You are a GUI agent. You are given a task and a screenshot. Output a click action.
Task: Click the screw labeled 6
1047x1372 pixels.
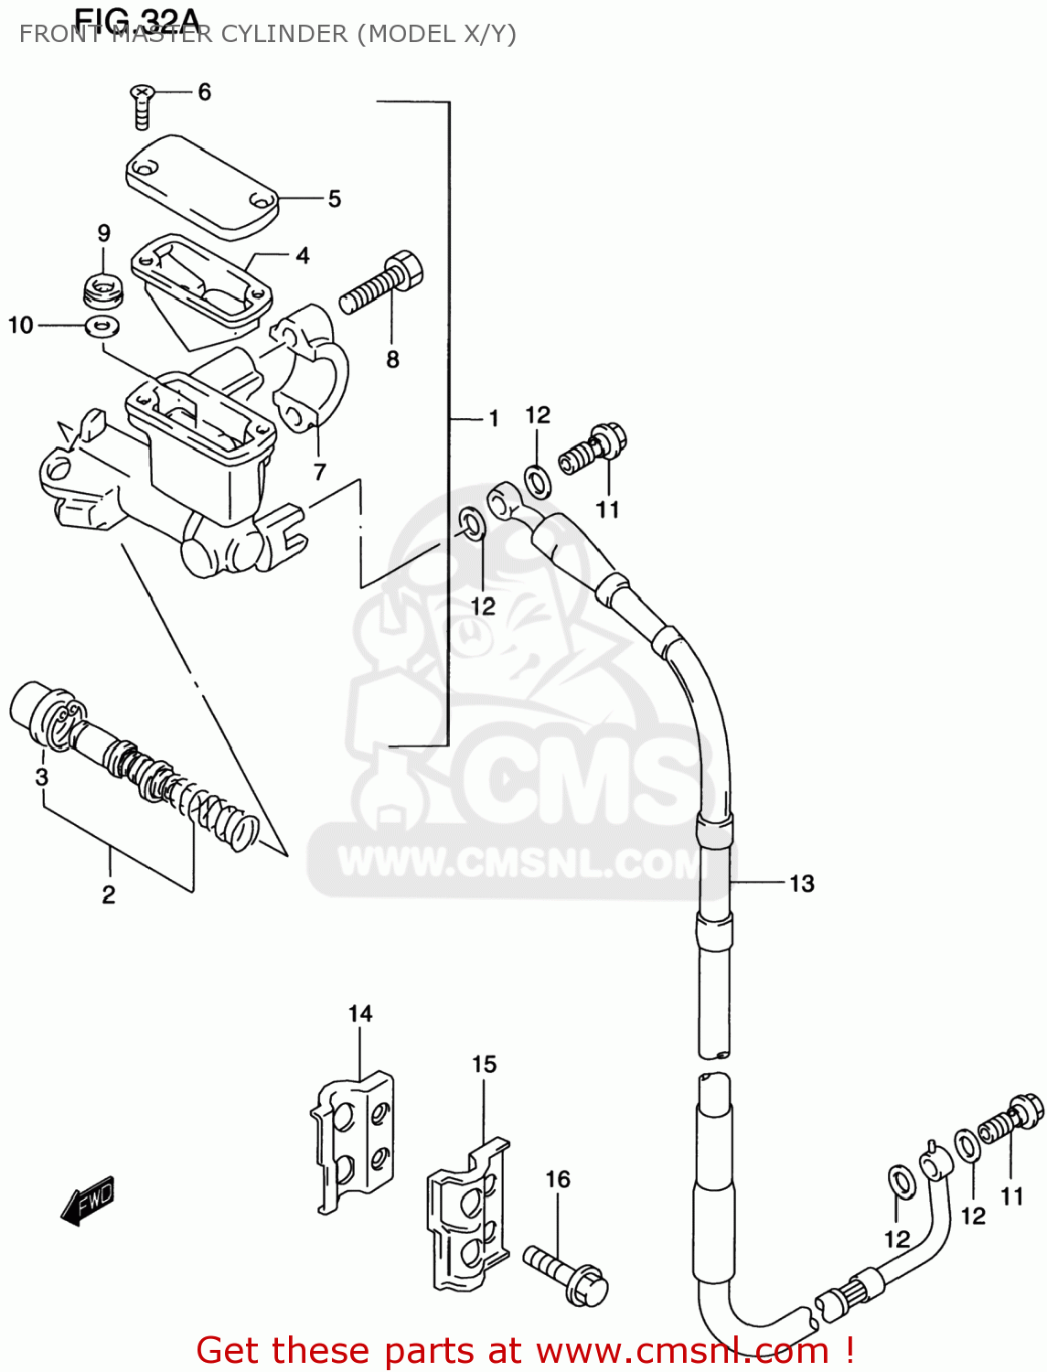tap(142, 105)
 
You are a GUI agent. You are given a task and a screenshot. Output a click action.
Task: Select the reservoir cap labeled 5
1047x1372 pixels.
tap(201, 186)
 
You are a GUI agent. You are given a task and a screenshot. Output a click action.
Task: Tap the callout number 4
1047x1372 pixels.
tap(303, 256)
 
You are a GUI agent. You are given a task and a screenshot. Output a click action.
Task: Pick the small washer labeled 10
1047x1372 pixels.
tap(103, 326)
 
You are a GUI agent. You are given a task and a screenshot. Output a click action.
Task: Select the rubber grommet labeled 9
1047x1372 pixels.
tap(102, 291)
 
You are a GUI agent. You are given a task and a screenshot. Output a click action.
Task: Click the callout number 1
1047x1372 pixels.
tap(494, 419)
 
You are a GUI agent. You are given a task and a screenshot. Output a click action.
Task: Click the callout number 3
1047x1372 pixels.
tap(41, 777)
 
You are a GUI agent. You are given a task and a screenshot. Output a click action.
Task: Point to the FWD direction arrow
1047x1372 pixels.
tap(89, 1200)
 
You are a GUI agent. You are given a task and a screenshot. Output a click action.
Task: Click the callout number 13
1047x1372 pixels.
tap(801, 884)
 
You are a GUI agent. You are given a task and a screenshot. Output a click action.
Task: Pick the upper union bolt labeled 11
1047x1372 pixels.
tap(594, 446)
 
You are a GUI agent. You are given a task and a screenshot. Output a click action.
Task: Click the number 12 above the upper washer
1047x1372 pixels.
tap(538, 415)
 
